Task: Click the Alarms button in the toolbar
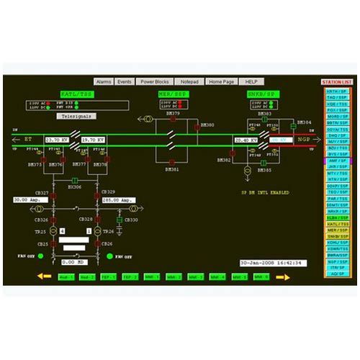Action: pyautogui.click(x=103, y=82)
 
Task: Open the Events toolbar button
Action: pyautogui.click(x=125, y=82)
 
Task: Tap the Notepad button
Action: pyautogui.click(x=189, y=82)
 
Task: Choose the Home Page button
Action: pyautogui.click(x=222, y=82)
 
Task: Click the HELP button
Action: pyautogui.click(x=251, y=82)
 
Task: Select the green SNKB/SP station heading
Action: pyautogui.click(x=261, y=94)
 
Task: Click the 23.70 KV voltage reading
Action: pyautogui.click(x=57, y=140)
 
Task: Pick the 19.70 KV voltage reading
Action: pyautogui.click(x=94, y=140)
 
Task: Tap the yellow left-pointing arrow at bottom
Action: pyautogui.click(x=44, y=276)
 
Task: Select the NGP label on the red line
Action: pyautogui.click(x=305, y=140)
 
